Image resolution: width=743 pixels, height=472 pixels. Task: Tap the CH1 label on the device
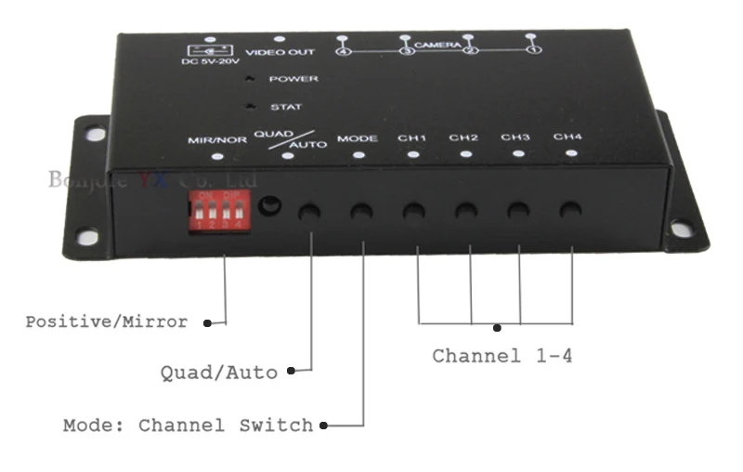coord(411,138)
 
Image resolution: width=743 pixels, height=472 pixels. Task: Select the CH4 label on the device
coord(567,138)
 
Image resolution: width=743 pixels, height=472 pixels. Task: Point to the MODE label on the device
coord(357,138)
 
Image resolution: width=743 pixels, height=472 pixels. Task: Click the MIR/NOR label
coord(216,139)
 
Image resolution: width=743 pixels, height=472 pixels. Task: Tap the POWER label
coord(293,79)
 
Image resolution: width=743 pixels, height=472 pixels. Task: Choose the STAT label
coord(286,107)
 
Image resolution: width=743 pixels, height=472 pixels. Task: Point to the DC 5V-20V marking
coord(209,62)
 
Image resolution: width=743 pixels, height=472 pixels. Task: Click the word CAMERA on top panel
coord(437,45)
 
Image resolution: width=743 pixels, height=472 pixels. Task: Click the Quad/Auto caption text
coord(218,373)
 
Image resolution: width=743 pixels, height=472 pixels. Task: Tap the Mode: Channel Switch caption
coord(188,426)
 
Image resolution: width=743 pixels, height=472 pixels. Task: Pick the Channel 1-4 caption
coord(502,356)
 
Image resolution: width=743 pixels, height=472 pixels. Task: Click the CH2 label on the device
coord(463,138)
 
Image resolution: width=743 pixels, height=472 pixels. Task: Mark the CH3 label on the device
coord(515,138)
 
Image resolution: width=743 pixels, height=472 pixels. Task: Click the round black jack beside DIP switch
coord(269,206)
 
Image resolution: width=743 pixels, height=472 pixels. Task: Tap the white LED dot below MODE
coord(358,154)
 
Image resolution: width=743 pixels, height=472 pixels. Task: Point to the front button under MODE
coord(361,212)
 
